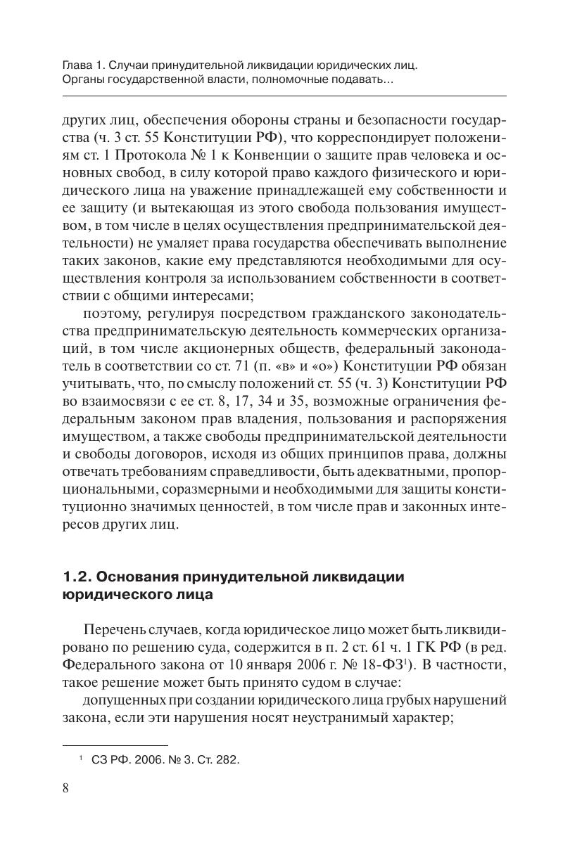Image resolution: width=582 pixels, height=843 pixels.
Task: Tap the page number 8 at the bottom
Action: click(66, 787)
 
